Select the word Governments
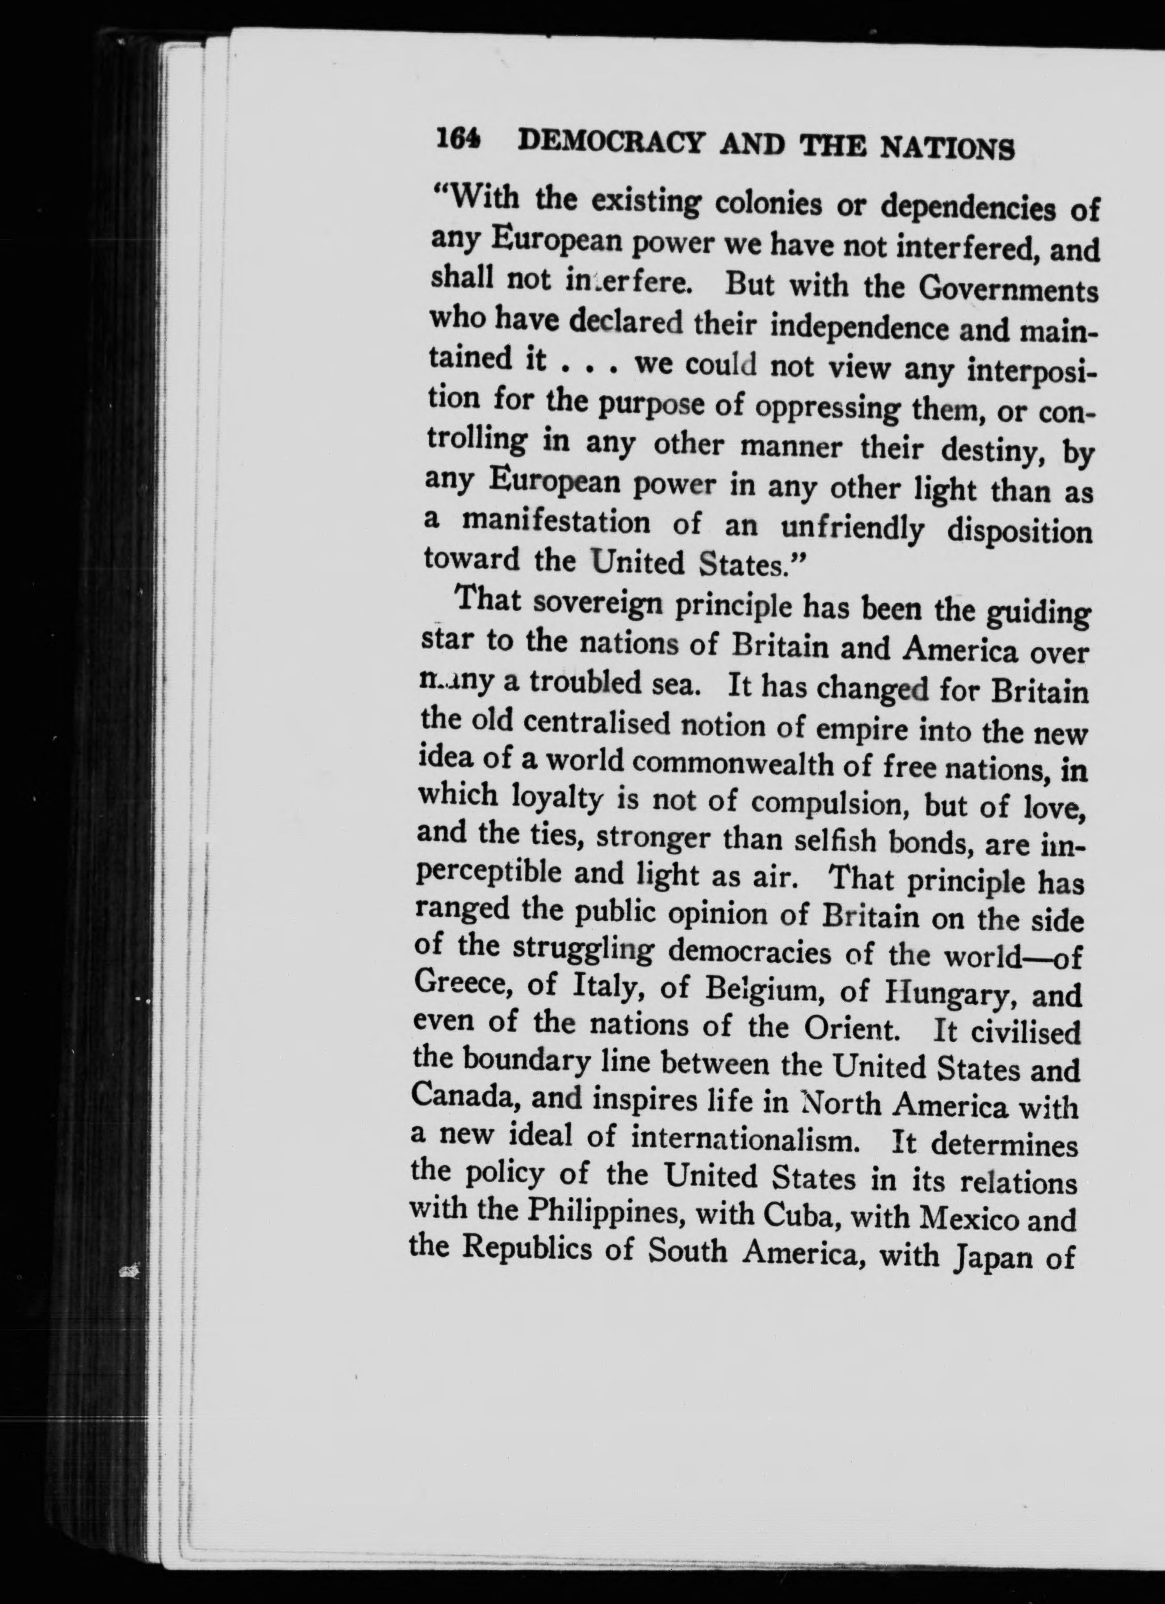[1007, 290]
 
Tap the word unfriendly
[852, 528]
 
